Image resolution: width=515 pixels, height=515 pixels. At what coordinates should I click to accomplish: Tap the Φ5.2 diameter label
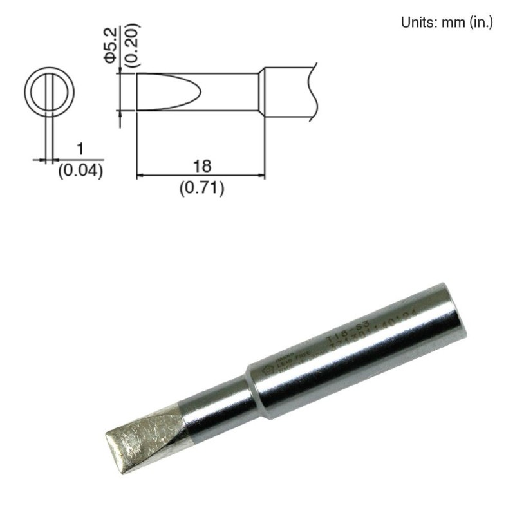coord(110,44)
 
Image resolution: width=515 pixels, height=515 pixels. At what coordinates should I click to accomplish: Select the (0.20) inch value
coord(131,44)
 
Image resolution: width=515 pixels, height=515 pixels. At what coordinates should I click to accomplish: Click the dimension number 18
coord(201,165)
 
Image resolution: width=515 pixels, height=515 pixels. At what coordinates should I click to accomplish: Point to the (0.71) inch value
coord(201,189)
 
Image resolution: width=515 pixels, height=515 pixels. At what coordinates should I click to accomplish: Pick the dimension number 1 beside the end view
coord(80,149)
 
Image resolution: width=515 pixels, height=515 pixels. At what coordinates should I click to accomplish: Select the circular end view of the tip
coord(49,91)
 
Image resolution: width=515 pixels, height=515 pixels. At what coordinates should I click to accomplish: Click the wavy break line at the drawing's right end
coord(314,90)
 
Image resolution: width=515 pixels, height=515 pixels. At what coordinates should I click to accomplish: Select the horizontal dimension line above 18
coord(201,175)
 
